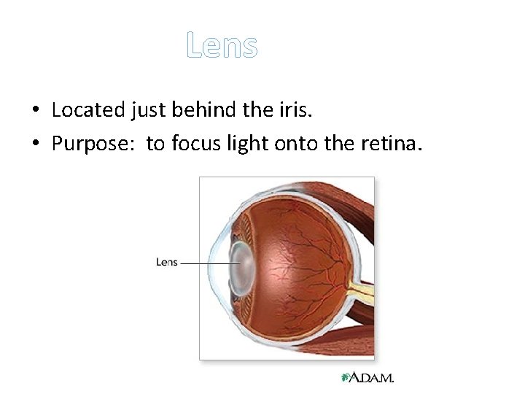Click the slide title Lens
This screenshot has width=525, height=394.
tap(222, 45)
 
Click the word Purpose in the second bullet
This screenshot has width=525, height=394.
tap(92, 144)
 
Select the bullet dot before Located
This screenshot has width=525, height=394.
tap(35, 111)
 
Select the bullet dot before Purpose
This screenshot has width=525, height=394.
tap(35, 145)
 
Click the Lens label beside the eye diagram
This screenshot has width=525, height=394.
tap(167, 263)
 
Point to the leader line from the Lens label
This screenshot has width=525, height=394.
tap(204, 263)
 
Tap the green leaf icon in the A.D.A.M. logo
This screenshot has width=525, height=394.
tap(346, 377)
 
